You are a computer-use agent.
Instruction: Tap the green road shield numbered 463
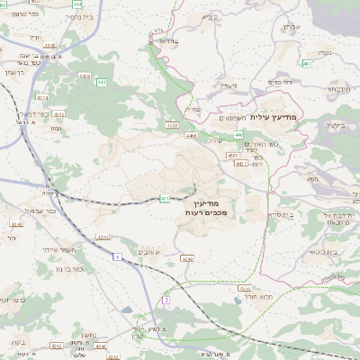click(x=307, y=64)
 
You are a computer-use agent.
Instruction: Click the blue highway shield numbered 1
click(x=116, y=257)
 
